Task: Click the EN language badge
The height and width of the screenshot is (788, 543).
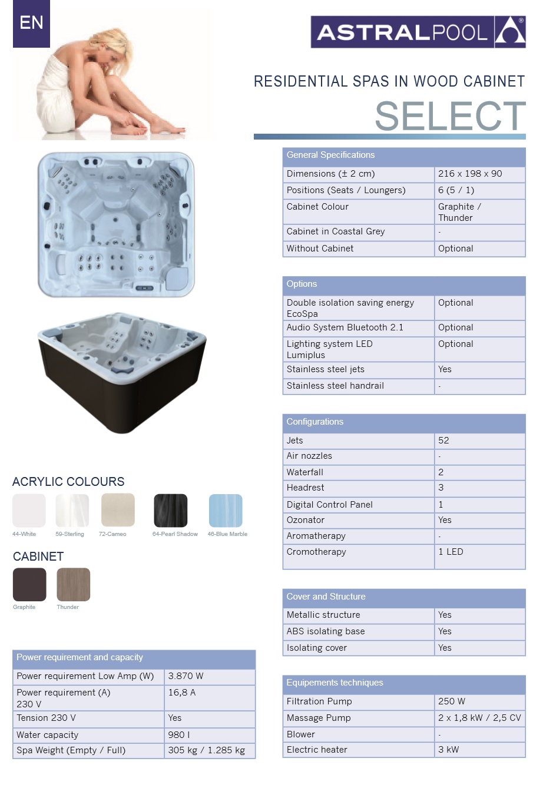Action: [31, 24]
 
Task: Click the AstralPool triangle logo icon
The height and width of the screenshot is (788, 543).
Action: [510, 32]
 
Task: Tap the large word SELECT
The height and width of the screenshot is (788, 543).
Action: [450, 116]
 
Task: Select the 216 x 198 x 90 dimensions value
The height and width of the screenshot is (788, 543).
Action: [470, 174]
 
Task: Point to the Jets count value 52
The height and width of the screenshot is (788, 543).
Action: [443, 441]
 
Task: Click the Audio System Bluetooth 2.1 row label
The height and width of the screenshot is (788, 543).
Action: [345, 327]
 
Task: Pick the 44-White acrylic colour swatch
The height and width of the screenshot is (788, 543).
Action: [29, 511]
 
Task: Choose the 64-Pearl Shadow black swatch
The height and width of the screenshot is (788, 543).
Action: [171, 511]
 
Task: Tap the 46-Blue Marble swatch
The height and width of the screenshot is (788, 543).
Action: [226, 511]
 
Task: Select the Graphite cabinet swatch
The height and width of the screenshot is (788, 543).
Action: [29, 584]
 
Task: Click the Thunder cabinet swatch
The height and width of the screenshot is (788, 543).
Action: [74, 584]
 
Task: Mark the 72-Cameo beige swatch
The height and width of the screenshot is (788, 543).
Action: [118, 511]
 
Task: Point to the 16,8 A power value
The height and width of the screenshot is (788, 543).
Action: [182, 693]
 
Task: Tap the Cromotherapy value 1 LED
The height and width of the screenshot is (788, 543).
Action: [451, 552]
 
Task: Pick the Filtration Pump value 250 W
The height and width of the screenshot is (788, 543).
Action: [452, 701]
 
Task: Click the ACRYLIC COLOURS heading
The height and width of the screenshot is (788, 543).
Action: [68, 482]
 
